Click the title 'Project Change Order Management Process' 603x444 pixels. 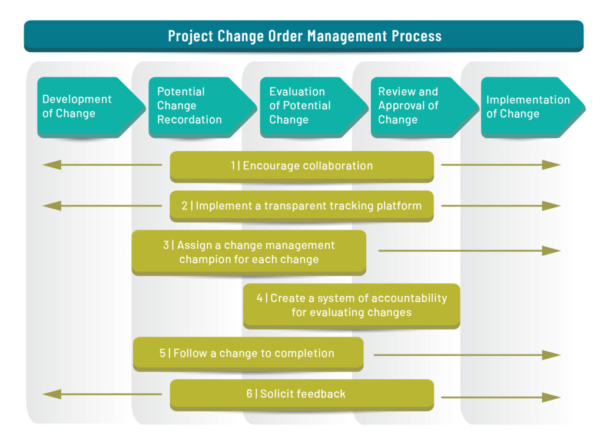(x=304, y=36)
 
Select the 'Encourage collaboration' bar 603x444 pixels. (x=302, y=166)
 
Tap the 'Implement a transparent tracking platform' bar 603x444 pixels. (x=302, y=206)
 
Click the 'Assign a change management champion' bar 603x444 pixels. (x=249, y=252)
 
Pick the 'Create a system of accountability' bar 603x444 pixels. (x=352, y=306)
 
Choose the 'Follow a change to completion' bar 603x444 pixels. (x=248, y=354)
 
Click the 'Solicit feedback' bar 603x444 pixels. (x=302, y=395)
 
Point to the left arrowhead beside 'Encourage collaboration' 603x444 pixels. (x=52, y=165)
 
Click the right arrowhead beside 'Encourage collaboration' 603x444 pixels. (x=551, y=165)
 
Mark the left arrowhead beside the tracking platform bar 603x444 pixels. (x=52, y=206)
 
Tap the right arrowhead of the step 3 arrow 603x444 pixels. (x=551, y=251)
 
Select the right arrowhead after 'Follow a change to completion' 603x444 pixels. (x=551, y=355)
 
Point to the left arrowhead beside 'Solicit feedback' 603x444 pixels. (x=52, y=394)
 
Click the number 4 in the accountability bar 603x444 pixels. (x=260, y=298)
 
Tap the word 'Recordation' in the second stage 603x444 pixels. (x=189, y=119)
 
